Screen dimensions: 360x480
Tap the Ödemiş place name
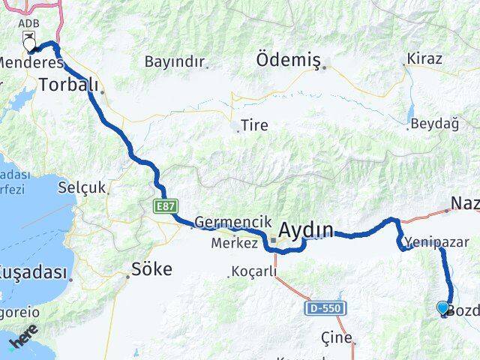[289, 58]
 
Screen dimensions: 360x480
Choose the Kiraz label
[424, 58]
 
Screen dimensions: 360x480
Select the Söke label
[151, 268]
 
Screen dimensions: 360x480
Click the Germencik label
[226, 222]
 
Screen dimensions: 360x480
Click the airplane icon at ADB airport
[29, 37]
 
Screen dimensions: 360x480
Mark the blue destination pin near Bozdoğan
[442, 307]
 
